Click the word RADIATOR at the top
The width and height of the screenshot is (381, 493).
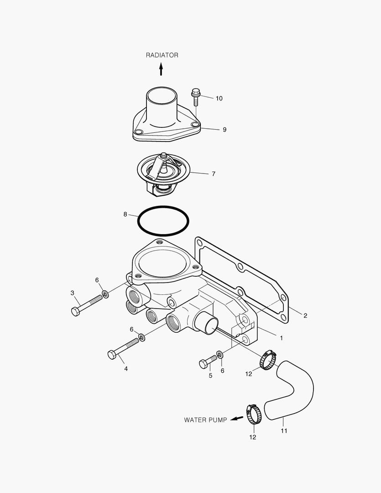coord(162,55)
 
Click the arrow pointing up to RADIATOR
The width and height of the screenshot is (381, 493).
coord(161,69)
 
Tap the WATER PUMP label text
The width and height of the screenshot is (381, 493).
coord(205,420)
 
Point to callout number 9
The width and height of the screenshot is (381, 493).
coord(224,130)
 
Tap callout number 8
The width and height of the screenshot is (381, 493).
coord(125,214)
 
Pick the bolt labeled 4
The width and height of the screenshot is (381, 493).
coord(123,348)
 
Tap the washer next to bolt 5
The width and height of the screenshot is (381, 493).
coord(220,355)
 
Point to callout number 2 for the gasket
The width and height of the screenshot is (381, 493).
coord(305,315)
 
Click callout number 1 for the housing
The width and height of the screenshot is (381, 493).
coord(282,338)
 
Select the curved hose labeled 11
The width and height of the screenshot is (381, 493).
coord(294,390)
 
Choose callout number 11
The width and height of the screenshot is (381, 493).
coord(284,430)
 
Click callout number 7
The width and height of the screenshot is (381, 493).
coord(213,174)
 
